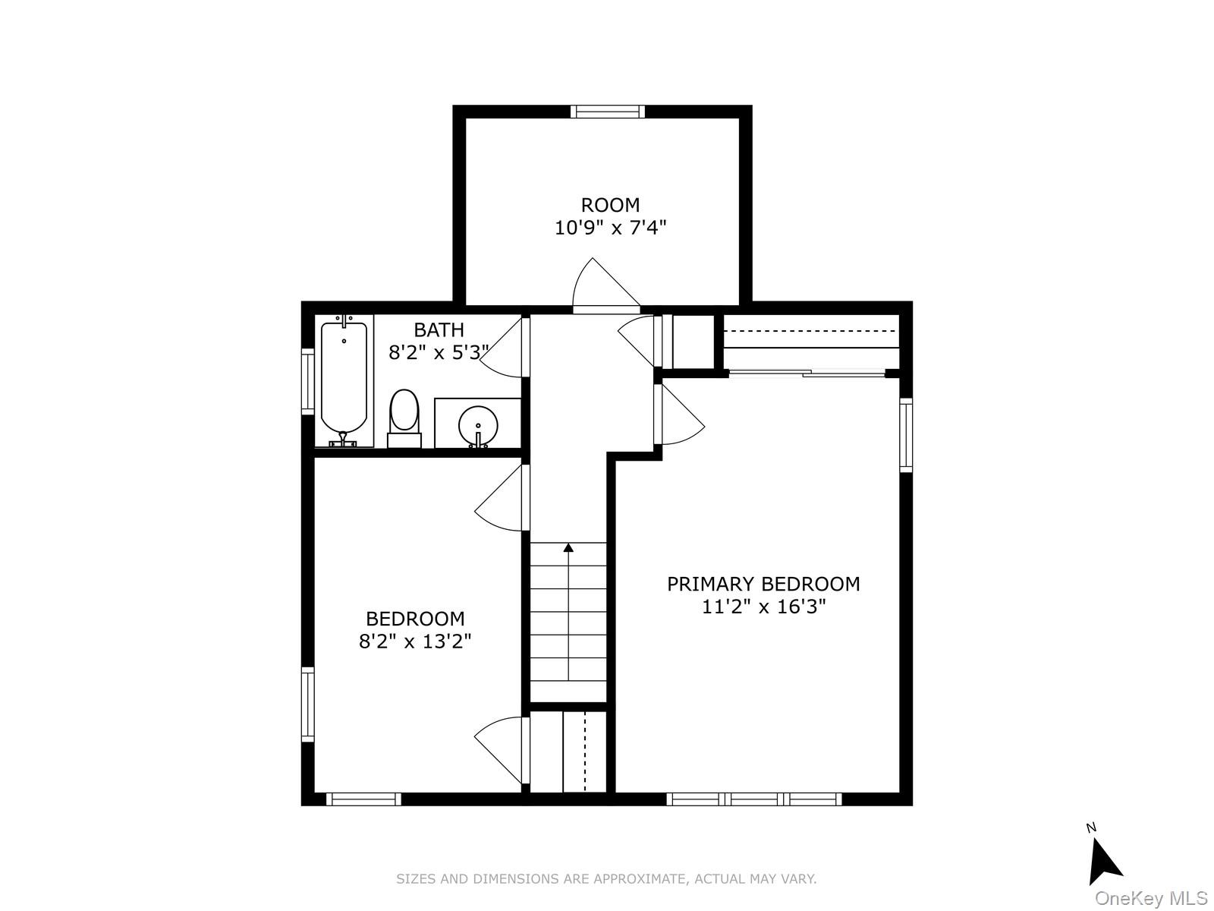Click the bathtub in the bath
[344, 381]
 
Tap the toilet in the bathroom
[404, 418]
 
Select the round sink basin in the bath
[478, 426]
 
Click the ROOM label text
[610, 205]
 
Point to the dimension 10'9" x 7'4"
[610, 227]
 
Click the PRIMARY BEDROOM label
[763, 584]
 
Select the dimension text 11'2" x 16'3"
[763, 607]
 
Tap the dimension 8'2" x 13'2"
[415, 641]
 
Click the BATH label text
[439, 330]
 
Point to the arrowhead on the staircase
[568, 547]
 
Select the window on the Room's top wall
[608, 112]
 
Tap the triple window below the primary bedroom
[754, 799]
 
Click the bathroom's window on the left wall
[307, 381]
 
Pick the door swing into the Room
[606, 282]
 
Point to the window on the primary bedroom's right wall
[906, 435]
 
